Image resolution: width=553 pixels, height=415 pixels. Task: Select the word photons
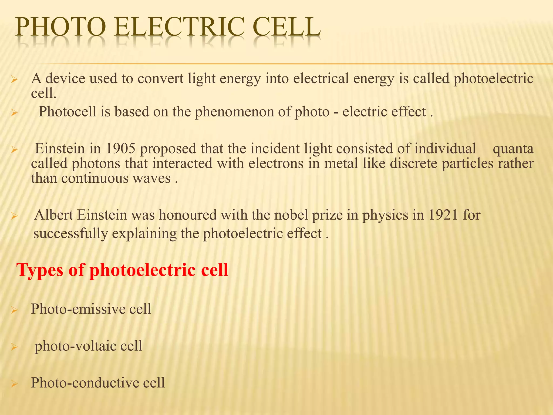coord(96,164)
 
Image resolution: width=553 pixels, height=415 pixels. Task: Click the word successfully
coord(70,234)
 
